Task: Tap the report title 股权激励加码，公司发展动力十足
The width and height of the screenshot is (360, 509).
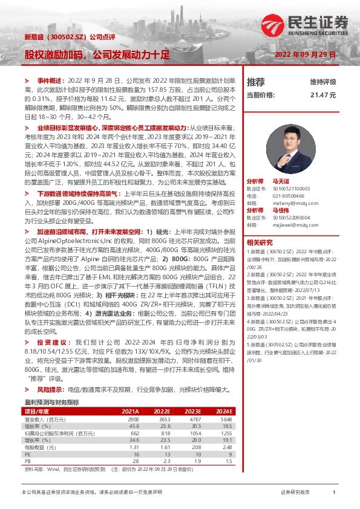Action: coord(97,54)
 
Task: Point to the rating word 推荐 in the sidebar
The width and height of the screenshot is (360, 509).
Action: coord(256,82)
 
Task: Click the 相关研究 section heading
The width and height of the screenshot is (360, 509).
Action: coord(260,241)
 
